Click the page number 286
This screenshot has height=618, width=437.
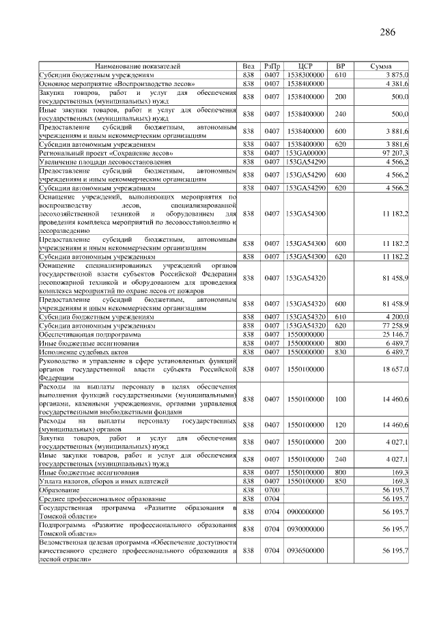pyautogui.click(x=387, y=32)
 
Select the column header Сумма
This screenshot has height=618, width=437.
pyautogui.click(x=380, y=66)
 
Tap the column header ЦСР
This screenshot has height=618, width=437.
pyautogui.click(x=305, y=66)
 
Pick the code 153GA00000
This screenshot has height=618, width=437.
pyautogui.click(x=305, y=154)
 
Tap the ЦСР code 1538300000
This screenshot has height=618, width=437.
pyautogui.click(x=305, y=74)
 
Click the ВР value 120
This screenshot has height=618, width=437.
pyautogui.click(x=341, y=425)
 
